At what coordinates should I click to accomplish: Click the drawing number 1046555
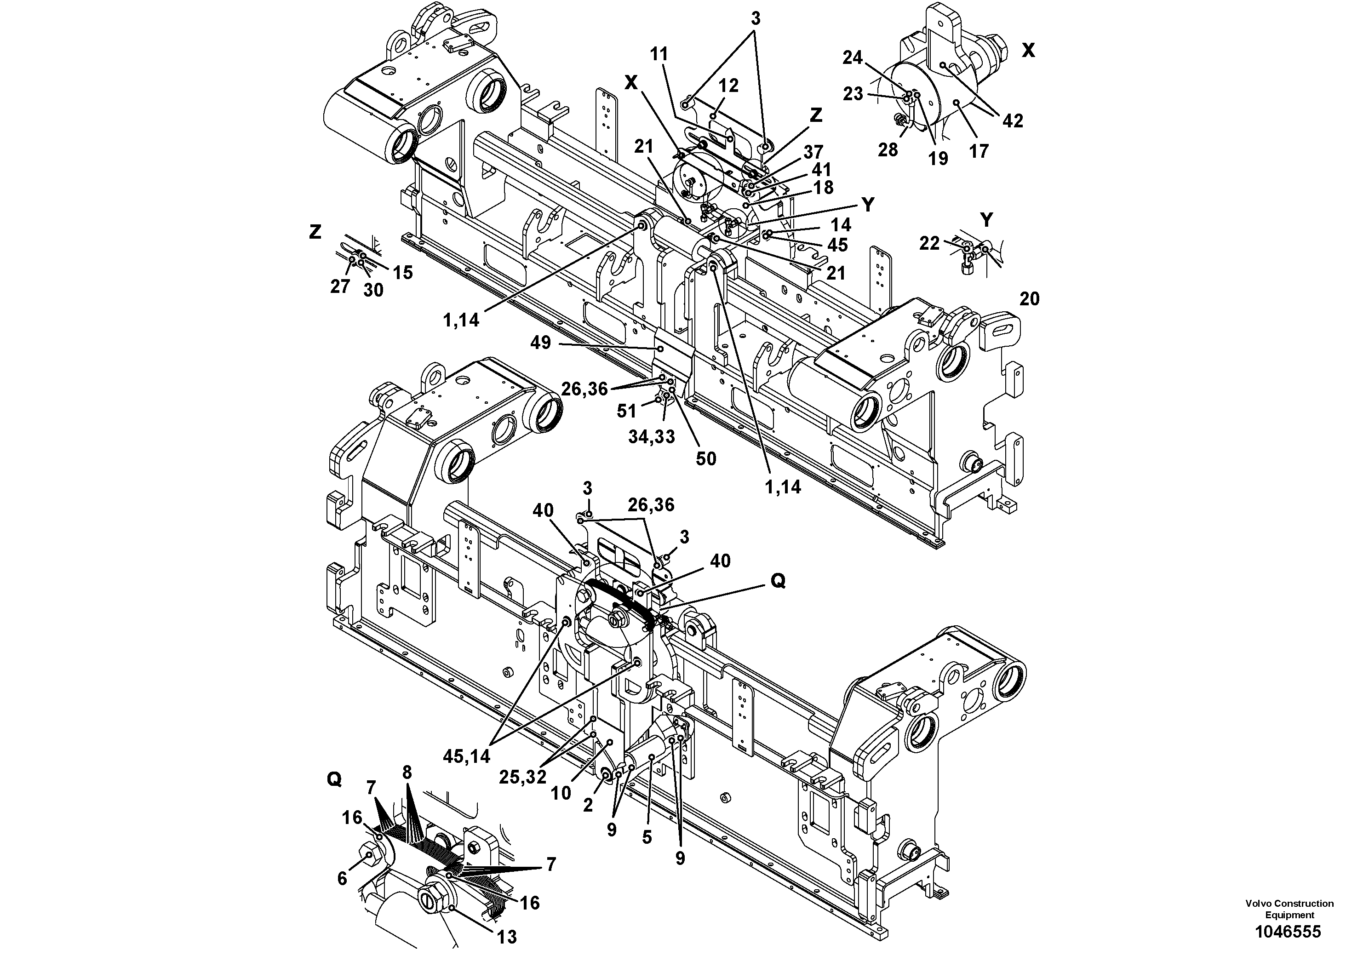tap(1289, 932)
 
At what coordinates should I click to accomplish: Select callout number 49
tap(541, 344)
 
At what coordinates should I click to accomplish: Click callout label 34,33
tap(651, 437)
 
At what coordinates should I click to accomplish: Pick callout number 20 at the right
tap(1029, 299)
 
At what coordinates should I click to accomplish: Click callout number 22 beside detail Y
tap(929, 243)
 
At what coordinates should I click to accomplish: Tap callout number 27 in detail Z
tap(340, 287)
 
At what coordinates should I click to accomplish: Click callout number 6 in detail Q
tap(342, 879)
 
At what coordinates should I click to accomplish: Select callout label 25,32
tap(523, 778)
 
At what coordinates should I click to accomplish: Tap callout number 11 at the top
tap(659, 54)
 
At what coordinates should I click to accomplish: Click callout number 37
tap(813, 152)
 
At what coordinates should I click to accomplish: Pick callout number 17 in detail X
tap(979, 151)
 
